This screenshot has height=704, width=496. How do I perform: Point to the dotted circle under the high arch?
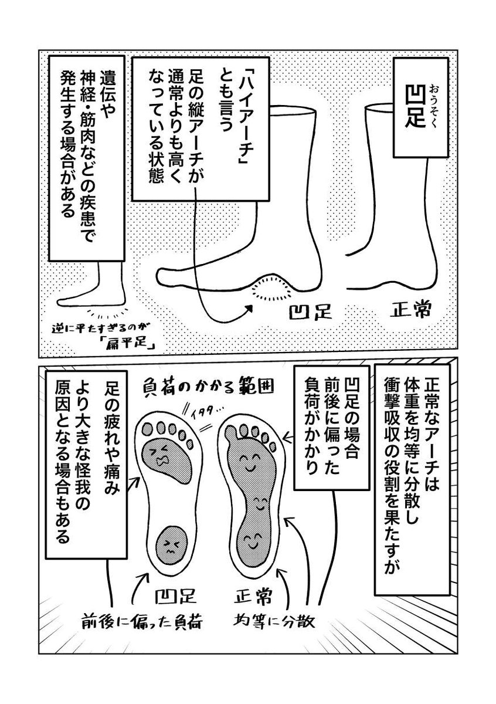273,289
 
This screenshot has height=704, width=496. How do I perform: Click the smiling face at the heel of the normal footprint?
253,539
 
